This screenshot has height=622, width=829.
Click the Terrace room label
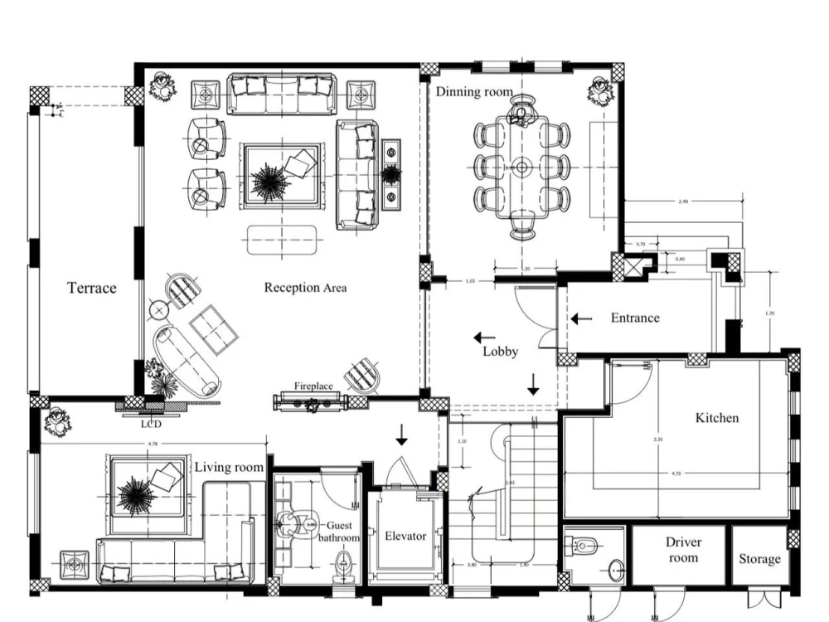tap(91, 289)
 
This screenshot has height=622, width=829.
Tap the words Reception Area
tap(305, 288)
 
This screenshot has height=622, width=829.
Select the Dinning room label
tap(474, 92)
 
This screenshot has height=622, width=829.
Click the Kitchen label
tap(716, 418)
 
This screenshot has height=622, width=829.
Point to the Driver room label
tap(683, 550)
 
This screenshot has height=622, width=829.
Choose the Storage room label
tap(759, 559)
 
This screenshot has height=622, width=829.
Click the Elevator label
tap(405, 536)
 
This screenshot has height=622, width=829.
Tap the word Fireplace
tap(313, 386)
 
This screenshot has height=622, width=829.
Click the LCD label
tap(150, 424)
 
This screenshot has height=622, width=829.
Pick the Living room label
tap(229, 468)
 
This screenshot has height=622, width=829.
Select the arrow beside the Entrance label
tap(581, 318)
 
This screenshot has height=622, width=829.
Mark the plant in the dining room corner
tap(599, 90)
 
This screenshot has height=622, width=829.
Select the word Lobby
tap(500, 352)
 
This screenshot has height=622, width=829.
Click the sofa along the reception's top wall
tap(282, 93)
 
